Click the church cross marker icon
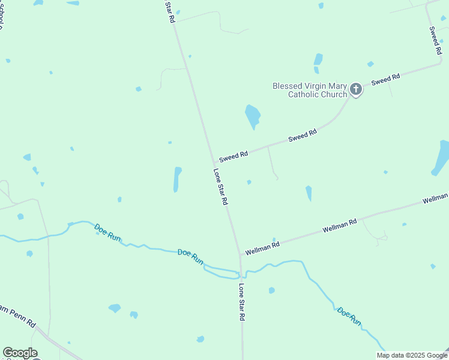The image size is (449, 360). pyautogui.click(x=356, y=90)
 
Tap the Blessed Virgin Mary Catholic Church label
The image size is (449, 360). pyautogui.click(x=310, y=90)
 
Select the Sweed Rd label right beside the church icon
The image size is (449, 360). pyautogui.click(x=385, y=80)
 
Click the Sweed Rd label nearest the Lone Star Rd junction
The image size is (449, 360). pyautogui.click(x=234, y=157)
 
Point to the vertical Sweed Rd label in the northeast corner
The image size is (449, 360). pyautogui.click(x=435, y=41)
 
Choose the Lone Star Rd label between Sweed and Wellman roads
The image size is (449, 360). pyautogui.click(x=220, y=187)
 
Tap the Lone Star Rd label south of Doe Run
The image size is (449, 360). pyautogui.click(x=242, y=301)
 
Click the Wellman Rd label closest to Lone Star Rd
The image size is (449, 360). pyautogui.click(x=262, y=245)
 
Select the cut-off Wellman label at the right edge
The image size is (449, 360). pyautogui.click(x=435, y=198)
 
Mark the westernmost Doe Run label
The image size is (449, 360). pyautogui.click(x=107, y=232)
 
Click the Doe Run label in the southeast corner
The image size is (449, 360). pyautogui.click(x=349, y=316)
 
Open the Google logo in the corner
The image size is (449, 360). pyautogui.click(x=20, y=353)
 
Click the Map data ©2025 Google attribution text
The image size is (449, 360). pyautogui.click(x=411, y=355)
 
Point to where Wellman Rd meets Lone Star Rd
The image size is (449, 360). pyautogui.click(x=240, y=254)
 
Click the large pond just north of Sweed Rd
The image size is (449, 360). pyautogui.click(x=253, y=115)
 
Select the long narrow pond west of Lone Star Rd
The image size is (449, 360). pyautogui.click(x=177, y=179)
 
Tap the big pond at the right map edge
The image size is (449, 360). pyautogui.click(x=441, y=158)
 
